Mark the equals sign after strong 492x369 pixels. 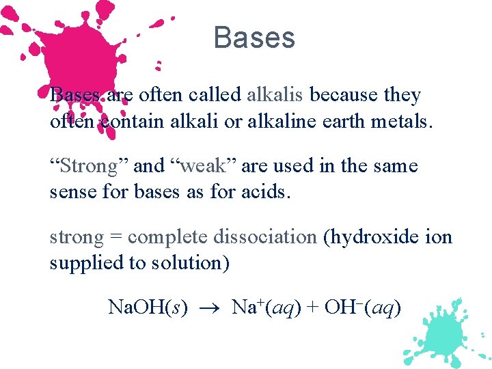tap(116, 238)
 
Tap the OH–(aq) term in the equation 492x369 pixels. tap(362, 308)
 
